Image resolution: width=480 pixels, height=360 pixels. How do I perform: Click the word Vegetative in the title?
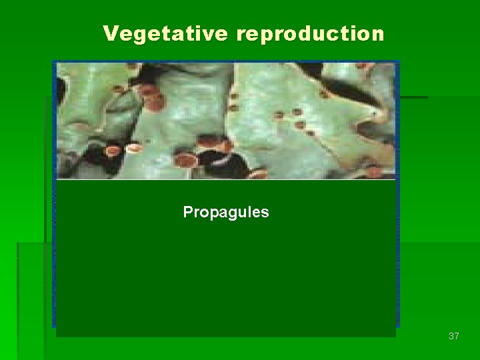(x=166, y=33)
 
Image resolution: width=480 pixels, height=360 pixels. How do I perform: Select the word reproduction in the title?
(x=310, y=34)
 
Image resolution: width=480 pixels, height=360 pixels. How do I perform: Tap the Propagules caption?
(x=226, y=213)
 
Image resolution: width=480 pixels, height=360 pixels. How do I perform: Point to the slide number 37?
(x=453, y=336)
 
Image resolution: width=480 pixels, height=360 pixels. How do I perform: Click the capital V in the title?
(x=110, y=33)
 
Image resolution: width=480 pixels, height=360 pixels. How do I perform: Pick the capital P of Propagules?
(x=188, y=212)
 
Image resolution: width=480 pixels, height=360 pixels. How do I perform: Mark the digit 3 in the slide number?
(x=451, y=336)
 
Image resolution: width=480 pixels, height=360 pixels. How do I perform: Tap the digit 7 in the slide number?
(x=457, y=336)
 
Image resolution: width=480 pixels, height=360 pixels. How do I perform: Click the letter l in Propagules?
(x=251, y=212)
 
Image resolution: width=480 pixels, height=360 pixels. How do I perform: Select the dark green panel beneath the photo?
(x=226, y=267)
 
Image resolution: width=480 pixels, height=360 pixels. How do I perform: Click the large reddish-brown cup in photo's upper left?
(x=154, y=101)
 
